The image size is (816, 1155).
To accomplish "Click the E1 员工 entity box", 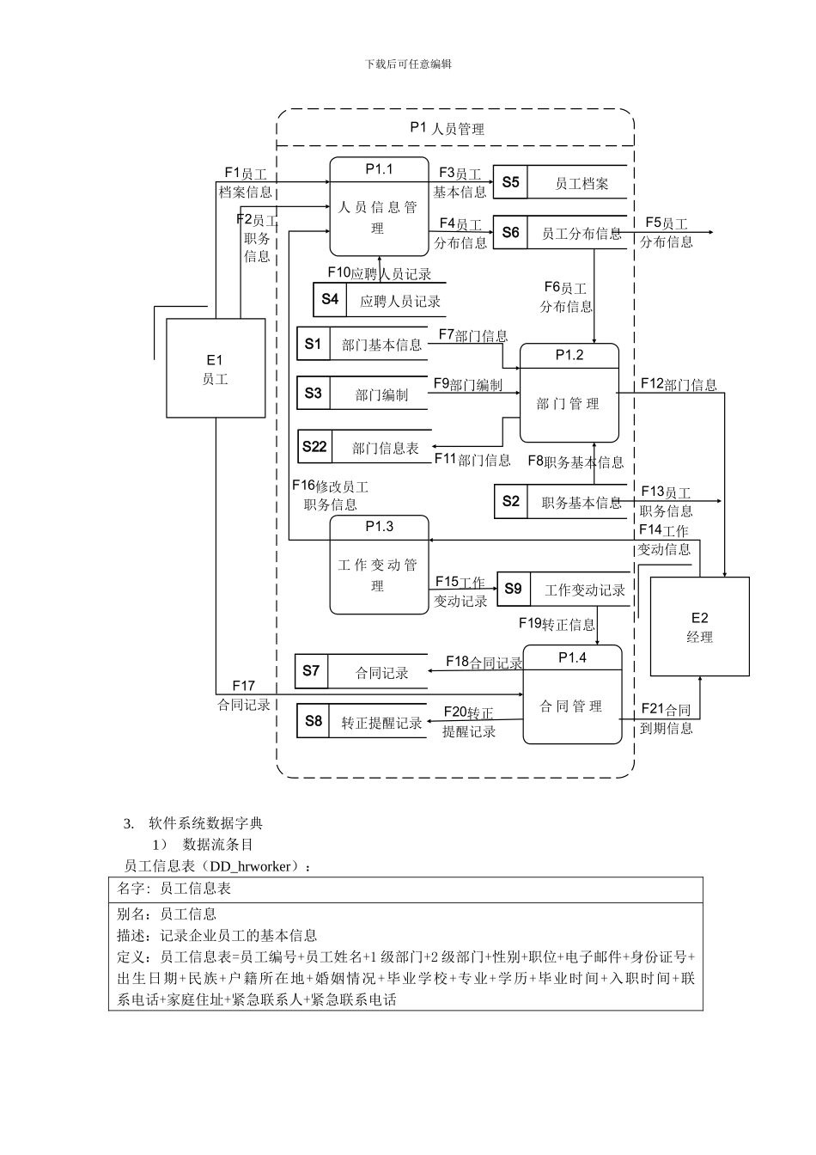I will point(216,369).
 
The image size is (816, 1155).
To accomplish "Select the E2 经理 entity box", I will point(699,626).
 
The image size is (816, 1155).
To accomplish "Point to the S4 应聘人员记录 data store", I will point(379,300).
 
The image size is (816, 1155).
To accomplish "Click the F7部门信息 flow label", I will point(472,335).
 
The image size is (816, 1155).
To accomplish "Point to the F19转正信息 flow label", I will point(557,624).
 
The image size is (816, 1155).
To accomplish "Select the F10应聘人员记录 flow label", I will point(379,273).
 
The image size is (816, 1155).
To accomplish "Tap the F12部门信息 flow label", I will point(679,384).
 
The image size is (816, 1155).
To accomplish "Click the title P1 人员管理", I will point(447,128).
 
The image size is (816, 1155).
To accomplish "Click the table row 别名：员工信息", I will point(167,914).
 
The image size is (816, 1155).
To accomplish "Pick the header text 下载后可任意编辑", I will point(408,64).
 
